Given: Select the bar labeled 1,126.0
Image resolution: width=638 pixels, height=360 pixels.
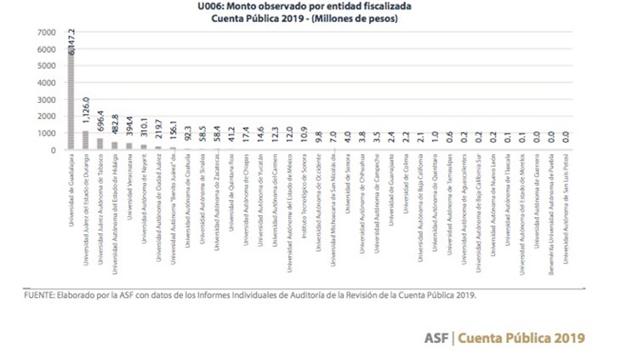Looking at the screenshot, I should (85, 140).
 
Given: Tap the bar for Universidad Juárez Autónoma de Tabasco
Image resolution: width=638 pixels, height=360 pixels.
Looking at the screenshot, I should (100, 144).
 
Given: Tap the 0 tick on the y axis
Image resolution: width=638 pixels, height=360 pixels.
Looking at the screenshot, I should (52, 151).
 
